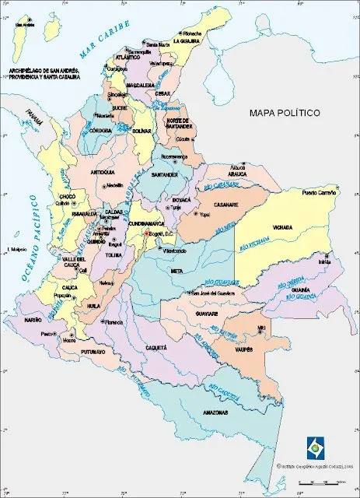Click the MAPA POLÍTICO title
pos(285,113)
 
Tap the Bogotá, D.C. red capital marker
pos(145,233)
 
